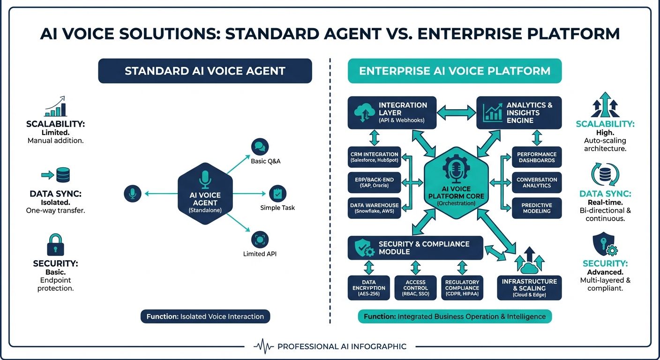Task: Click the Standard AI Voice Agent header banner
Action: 205,71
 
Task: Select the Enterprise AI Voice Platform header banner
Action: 454,71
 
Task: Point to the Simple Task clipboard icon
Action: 277,193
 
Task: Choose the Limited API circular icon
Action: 259,239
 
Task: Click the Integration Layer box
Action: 392,112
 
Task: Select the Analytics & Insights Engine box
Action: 518,112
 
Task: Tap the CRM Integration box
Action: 374,157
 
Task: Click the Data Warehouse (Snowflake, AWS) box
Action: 374,208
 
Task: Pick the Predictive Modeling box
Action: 537,208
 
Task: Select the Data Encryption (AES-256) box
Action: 369,287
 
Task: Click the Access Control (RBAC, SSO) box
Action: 415,287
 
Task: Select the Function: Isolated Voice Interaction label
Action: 205,316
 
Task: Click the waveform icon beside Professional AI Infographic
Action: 263,347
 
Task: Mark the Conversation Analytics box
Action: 537,182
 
